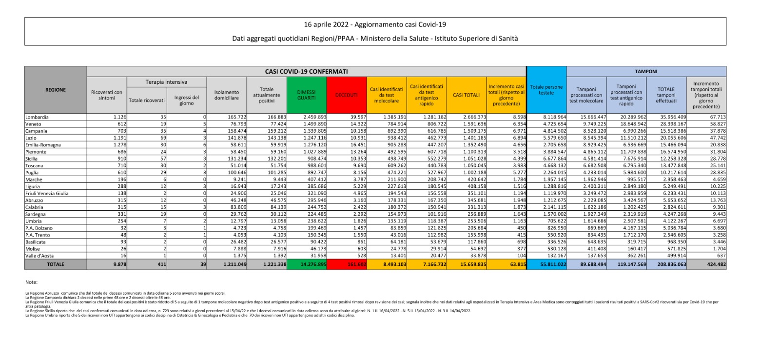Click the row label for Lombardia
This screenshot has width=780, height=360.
coord(37,117)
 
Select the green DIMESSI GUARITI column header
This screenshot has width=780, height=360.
coord(306,95)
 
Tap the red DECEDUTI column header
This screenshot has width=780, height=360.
coord(346,95)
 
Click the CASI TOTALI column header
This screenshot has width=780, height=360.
coord(466,95)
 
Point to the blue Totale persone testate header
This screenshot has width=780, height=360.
coord(546,90)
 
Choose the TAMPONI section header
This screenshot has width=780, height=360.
coord(646,71)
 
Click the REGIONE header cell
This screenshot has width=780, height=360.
coord(56,90)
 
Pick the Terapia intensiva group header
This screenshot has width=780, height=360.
coord(166,82)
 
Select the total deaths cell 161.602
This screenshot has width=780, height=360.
coord(357,264)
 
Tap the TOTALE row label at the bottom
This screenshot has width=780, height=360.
coord(56,264)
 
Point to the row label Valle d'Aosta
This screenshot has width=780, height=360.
coord(39,256)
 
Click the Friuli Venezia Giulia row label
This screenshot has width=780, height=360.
coord(47,193)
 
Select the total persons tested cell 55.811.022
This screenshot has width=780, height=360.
coord(553,264)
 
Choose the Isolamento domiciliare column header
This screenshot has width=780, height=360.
coord(227,95)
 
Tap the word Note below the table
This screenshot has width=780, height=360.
coord(31,282)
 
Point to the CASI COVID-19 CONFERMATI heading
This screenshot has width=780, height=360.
coord(306,71)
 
